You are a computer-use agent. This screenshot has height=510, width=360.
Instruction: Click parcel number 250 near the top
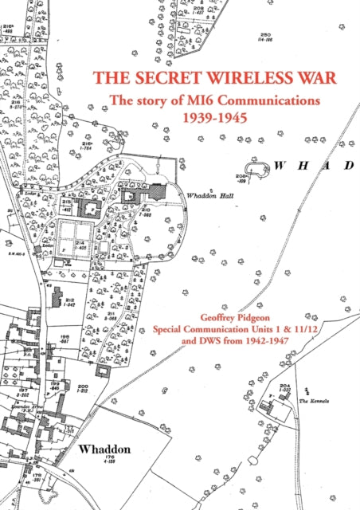click(265, 34)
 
